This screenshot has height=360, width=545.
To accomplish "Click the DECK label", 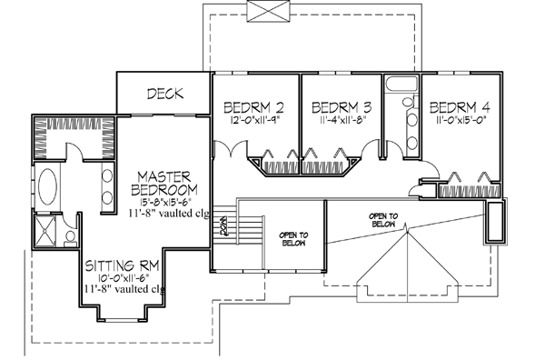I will pyautogui.click(x=164, y=93).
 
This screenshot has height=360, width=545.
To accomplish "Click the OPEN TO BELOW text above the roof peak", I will pyautogui.click(x=386, y=219).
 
